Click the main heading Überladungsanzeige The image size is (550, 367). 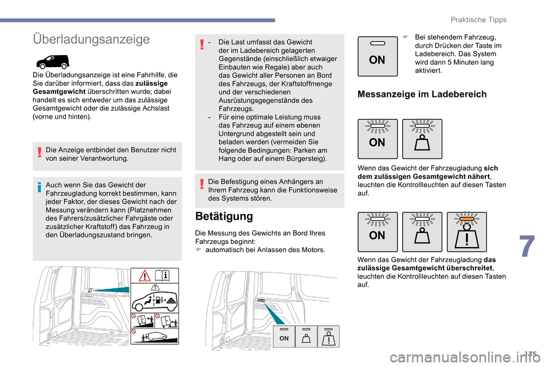click(x=92, y=39)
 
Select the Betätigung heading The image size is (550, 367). click(x=224, y=216)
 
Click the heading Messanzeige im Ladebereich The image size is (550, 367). click(x=422, y=94)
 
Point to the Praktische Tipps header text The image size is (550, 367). click(x=478, y=19)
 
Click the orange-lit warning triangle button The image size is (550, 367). click(x=467, y=232)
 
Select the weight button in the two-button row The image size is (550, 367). click(x=422, y=139)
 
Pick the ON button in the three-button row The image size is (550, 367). click(x=377, y=232)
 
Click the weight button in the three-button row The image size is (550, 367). click(x=422, y=232)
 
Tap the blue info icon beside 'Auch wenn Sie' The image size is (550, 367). click(x=39, y=185)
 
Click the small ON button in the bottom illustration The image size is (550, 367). click(x=284, y=337)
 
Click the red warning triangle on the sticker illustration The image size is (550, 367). click(x=145, y=277)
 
